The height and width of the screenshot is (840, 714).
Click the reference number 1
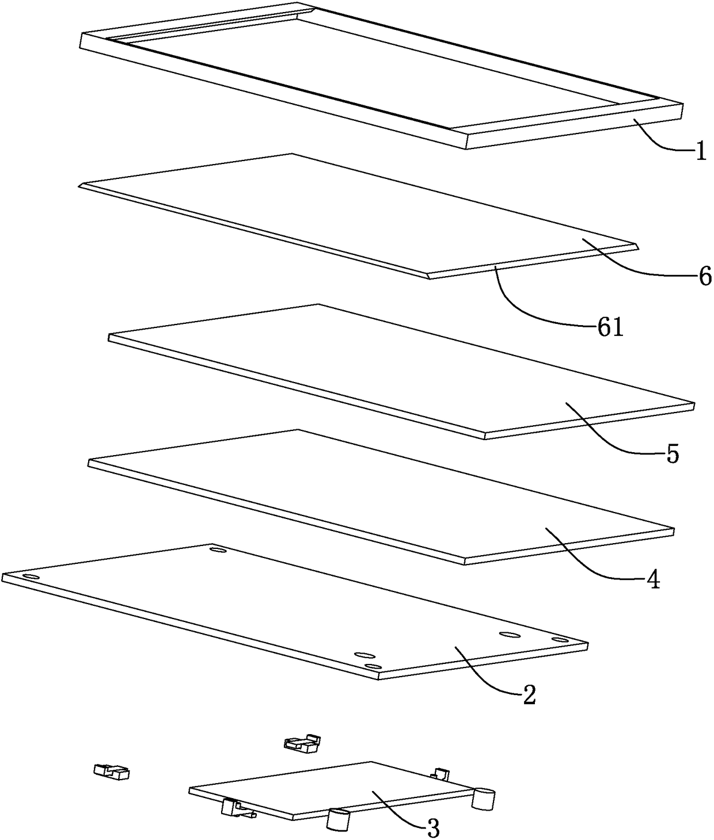700,153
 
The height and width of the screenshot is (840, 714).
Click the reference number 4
652,579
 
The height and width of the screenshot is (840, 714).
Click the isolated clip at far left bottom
112,771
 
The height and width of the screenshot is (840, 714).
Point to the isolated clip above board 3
302,743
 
